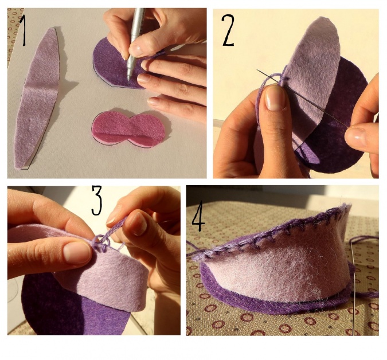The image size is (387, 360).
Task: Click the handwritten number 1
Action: [x=24, y=30]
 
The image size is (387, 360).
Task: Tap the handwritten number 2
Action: [x=228, y=30]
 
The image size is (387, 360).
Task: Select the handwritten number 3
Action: [x=97, y=200]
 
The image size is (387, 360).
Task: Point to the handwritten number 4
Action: [x=198, y=217]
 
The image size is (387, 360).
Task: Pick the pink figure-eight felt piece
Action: [x=128, y=129]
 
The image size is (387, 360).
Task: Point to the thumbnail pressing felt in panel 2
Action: [x=275, y=98]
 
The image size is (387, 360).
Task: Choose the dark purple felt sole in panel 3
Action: [x=67, y=306]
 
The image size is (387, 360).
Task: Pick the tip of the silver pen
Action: [x=128, y=80]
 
